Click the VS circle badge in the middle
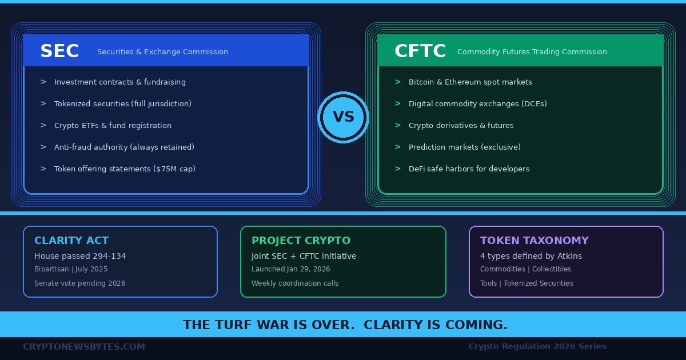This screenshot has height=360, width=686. (x=343, y=117)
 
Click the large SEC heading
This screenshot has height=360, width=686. (x=59, y=51)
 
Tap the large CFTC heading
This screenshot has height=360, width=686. (x=420, y=51)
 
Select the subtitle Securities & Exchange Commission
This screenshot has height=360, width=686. (x=162, y=52)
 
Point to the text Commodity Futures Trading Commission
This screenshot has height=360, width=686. (x=532, y=52)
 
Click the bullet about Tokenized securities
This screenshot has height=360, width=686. (x=122, y=104)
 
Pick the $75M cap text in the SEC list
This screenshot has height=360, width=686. (x=178, y=169)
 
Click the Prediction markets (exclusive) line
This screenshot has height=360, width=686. (x=464, y=147)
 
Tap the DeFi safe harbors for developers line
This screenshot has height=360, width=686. (x=469, y=169)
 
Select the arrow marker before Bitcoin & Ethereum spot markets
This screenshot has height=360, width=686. (x=398, y=82)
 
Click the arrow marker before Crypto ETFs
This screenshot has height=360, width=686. (x=43, y=125)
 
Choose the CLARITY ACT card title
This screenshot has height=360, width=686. (x=71, y=241)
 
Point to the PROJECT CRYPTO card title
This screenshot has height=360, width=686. (x=301, y=241)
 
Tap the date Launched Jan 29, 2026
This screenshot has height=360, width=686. (x=290, y=269)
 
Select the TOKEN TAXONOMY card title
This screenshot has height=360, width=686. (x=534, y=241)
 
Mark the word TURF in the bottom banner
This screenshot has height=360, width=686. (x=236, y=325)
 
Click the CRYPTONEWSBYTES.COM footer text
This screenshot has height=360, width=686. (x=84, y=346)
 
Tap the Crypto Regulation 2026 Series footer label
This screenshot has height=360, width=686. (x=537, y=346)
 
